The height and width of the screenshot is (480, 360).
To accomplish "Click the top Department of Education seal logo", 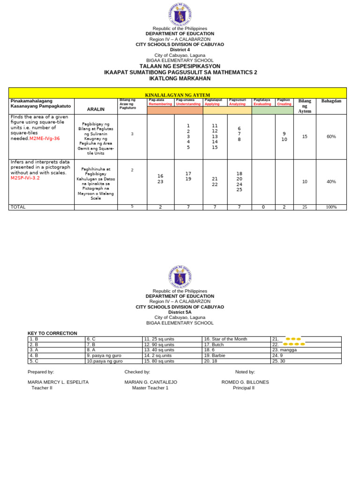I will click(x=180, y=14).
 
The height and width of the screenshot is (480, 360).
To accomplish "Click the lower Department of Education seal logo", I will click(x=180, y=277).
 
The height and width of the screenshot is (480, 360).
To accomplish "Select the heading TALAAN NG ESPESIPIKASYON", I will click(x=180, y=67).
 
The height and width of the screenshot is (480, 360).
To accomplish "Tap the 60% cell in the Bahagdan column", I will click(x=331, y=136).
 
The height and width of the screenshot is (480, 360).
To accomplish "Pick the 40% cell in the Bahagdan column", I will click(x=331, y=181).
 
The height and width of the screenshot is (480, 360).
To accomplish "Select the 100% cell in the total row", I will click(x=331, y=207).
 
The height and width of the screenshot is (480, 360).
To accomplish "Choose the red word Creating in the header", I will click(x=284, y=104).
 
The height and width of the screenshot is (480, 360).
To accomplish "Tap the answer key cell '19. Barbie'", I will click(x=216, y=355).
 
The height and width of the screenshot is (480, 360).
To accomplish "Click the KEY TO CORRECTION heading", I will click(x=52, y=333).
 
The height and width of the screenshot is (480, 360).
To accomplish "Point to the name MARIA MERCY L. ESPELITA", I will click(x=58, y=382).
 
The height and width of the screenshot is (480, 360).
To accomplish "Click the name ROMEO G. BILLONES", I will click(x=245, y=382).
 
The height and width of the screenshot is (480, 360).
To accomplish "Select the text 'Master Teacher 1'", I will click(x=150, y=388).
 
